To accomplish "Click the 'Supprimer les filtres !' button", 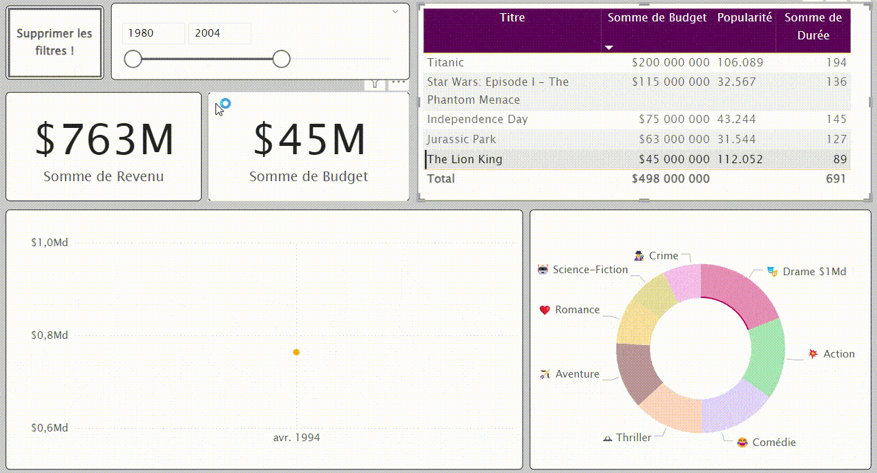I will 55,42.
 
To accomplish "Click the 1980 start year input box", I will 153,33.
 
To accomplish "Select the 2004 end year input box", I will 219,33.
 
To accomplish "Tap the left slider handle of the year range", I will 133,59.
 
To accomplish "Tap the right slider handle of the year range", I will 281,59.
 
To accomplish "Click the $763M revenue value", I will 104,139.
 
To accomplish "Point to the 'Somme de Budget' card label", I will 308,176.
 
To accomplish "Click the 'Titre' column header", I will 512,18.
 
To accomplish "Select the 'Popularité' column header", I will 744,18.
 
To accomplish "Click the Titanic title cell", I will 445,62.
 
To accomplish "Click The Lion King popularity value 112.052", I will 740,159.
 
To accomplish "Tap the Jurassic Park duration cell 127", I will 836,139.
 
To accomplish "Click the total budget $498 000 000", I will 670,178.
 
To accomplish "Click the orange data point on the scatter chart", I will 296,352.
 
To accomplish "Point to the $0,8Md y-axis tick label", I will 50,335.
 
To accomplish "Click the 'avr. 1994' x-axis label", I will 296,438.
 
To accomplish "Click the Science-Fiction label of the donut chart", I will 590,270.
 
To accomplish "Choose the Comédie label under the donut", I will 773,443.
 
